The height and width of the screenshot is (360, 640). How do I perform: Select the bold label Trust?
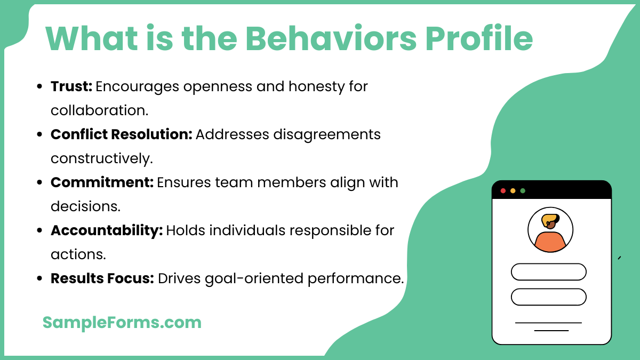(71, 86)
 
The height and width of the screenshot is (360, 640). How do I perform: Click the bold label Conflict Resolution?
(121, 134)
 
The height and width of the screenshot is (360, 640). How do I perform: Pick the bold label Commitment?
(102, 182)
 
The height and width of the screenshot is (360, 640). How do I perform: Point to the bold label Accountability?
(107, 230)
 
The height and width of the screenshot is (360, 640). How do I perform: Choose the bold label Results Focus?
(102, 278)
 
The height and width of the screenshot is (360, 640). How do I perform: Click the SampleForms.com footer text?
(122, 322)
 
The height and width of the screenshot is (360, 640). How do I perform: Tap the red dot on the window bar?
(503, 190)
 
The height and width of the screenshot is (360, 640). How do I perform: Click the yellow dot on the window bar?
(513, 190)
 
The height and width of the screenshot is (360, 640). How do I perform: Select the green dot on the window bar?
(523, 190)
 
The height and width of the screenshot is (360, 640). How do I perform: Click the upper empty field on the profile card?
(548, 272)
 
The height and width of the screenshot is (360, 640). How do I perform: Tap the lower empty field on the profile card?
(548, 297)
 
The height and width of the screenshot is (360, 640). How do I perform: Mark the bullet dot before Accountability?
(40, 230)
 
